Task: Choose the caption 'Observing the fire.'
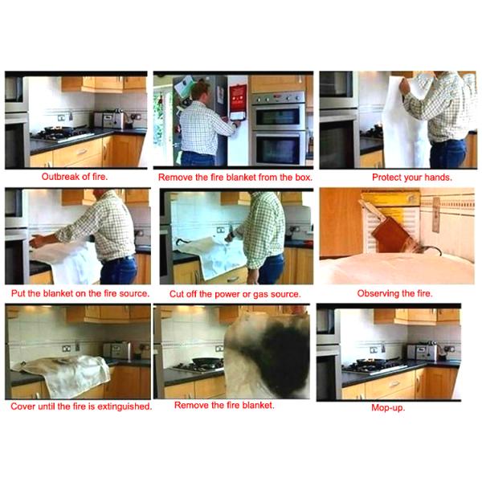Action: point(394,293)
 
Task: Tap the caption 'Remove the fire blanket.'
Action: point(224,405)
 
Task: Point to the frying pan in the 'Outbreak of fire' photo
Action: point(56,130)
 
